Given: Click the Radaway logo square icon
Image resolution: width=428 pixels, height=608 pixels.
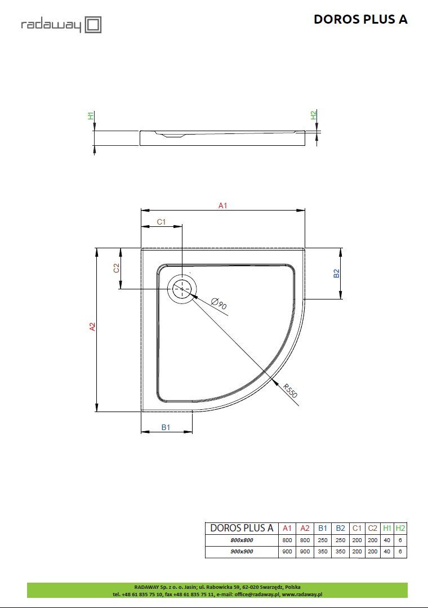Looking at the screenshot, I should click(x=93, y=25).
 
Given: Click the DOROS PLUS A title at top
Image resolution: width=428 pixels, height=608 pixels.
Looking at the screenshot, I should click(x=360, y=19).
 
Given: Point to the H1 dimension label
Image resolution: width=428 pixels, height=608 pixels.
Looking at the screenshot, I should click(x=91, y=115).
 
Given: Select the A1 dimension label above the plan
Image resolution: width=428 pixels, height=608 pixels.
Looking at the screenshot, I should click(x=222, y=206).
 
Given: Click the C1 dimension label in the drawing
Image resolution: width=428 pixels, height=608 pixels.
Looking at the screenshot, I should click(x=161, y=222).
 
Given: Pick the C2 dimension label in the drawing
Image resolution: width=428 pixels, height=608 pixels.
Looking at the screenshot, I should click(x=117, y=269).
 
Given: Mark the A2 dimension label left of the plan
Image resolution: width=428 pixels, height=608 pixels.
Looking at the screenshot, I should click(x=93, y=327).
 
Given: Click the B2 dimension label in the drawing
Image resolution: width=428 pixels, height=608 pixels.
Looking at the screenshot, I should click(x=336, y=273).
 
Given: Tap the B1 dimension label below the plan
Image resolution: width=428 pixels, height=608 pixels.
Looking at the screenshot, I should click(x=166, y=428).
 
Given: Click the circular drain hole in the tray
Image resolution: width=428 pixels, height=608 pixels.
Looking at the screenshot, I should click(x=182, y=289).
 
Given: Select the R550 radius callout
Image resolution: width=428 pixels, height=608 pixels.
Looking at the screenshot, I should click(x=290, y=391).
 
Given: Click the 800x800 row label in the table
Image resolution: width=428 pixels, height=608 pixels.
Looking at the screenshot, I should click(x=242, y=540).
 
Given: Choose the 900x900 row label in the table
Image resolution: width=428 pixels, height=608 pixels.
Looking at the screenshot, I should click(x=242, y=552).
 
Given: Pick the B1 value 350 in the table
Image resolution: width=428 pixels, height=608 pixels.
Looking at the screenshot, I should click(x=323, y=552).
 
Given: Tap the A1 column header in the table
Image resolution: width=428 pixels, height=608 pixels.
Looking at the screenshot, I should click(x=287, y=528).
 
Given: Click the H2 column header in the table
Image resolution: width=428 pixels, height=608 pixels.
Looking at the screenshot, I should click(x=400, y=528).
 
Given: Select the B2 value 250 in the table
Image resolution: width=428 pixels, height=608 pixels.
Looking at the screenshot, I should click(x=340, y=540).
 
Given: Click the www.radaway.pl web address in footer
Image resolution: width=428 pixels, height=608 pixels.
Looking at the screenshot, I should click(x=301, y=594).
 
